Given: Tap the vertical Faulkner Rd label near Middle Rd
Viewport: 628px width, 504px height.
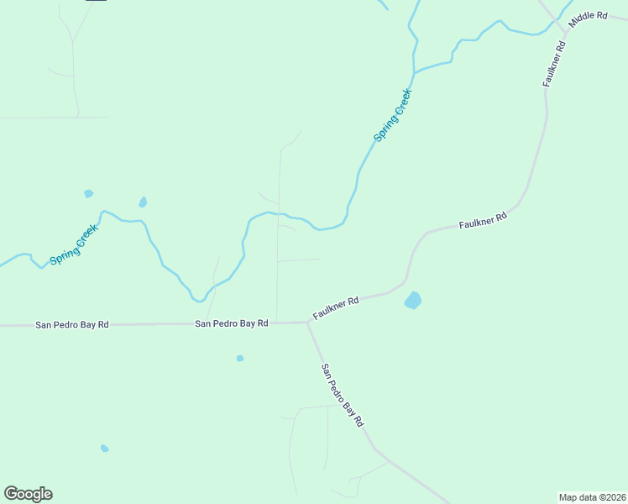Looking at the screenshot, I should point(554,63).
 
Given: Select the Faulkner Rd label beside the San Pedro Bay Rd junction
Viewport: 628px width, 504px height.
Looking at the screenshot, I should point(336,307).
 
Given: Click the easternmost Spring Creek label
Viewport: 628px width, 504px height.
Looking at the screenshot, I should point(392,115).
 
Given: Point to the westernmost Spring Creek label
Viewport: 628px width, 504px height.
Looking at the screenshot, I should point(74,244).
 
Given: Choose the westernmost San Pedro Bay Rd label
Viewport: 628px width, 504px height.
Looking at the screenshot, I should point(72,324).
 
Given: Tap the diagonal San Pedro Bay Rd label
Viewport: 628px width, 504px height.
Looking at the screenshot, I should point(342,394).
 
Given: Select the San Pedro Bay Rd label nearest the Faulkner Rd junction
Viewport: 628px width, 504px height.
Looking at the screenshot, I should point(231,323).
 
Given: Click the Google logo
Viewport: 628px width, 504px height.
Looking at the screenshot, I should point(28,494).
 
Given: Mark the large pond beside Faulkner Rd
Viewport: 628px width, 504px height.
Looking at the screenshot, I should point(412,300).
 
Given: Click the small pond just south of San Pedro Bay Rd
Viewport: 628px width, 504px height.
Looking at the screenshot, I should point(240,359).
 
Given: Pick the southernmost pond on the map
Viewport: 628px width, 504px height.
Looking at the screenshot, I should point(104,449).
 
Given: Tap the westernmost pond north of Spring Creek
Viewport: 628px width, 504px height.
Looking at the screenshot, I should point(88,194).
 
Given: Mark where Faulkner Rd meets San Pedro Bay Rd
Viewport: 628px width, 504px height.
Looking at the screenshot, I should point(306,322).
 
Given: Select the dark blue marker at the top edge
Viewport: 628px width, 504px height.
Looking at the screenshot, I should point(97,1).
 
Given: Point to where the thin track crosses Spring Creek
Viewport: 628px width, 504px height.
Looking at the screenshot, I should point(279,213).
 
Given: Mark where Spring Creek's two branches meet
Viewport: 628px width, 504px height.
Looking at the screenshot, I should point(414,71).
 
